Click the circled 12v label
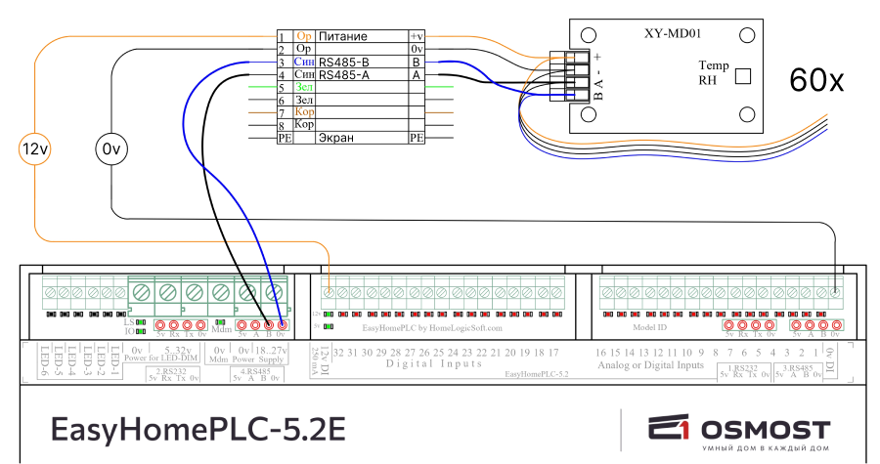(x=35, y=149)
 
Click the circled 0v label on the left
(x=110, y=149)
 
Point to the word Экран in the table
(x=336, y=138)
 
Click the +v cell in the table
(x=417, y=36)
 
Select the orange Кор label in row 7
(x=304, y=112)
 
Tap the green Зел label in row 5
(x=304, y=87)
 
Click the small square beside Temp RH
(x=743, y=75)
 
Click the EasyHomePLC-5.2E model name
(x=198, y=430)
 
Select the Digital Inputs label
(x=434, y=363)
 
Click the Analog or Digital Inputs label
(x=650, y=364)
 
